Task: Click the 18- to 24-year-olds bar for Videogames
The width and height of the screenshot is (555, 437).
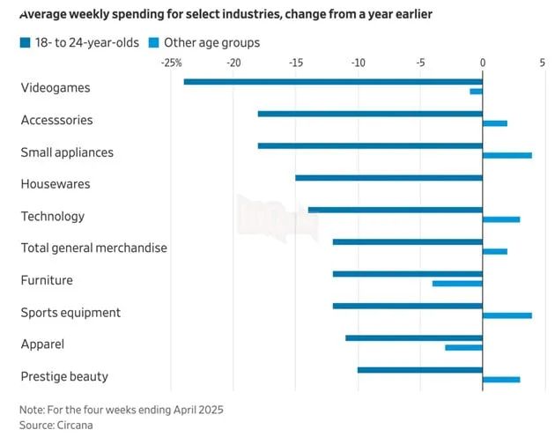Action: pos(333,82)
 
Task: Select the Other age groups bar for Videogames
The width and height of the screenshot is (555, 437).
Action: pos(476,92)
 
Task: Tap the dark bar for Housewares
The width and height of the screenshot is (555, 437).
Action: pos(389,178)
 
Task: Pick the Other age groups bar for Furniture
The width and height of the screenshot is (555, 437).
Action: pos(457,284)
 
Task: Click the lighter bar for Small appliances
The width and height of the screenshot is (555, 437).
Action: pos(507,155)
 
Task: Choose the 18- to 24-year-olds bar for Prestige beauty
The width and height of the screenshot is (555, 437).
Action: pos(420,370)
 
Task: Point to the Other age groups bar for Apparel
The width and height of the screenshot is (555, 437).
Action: pos(463,347)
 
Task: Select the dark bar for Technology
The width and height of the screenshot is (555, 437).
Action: pos(396,210)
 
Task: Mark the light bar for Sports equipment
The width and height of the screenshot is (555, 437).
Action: pos(507,315)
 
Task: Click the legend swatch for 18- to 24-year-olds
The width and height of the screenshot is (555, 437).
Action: pos(26,43)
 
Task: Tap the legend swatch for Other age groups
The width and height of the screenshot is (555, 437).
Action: pos(153,43)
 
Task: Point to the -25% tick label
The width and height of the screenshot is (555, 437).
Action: pos(171,63)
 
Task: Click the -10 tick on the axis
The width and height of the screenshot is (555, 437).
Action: pos(358,63)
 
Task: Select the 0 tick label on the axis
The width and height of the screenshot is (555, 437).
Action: pos(483,63)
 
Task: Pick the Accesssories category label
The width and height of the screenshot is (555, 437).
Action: pos(56,120)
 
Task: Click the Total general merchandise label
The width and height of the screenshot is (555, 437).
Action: pos(93,248)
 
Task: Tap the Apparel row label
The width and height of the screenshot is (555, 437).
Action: pos(42,344)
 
